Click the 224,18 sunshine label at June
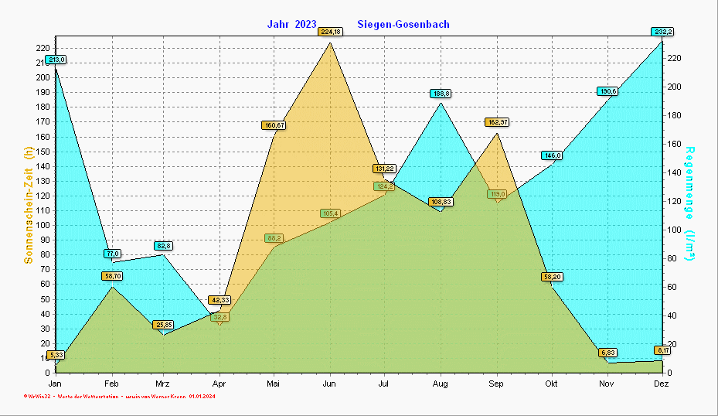coord(330,32)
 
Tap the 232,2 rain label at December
coord(662,32)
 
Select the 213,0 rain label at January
coord(56,60)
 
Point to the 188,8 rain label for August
coord(441,94)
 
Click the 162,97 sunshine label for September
coord(496,122)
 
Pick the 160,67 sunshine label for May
coord(274,124)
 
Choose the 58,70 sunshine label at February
coord(112,276)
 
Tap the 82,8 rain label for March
coord(163,245)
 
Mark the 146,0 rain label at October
coord(552,155)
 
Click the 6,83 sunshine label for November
coord(607,353)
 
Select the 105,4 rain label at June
coord(330,213)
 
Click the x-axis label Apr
coord(219,384)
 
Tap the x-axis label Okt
coord(551,384)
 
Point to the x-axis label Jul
coord(385,384)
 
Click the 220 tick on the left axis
coord(43,48)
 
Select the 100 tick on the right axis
coord(674,230)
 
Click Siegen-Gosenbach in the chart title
coord(403,25)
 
